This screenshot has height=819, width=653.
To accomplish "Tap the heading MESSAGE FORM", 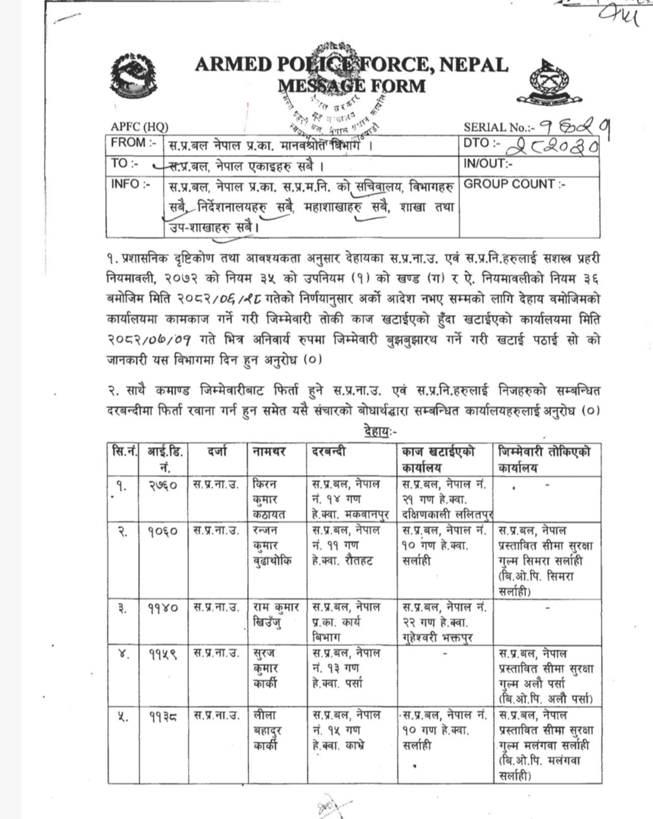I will pyautogui.click(x=352, y=85).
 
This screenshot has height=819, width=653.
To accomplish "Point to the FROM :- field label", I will pyautogui.click(x=134, y=143).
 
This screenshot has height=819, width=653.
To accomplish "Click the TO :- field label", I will pyautogui.click(x=125, y=163).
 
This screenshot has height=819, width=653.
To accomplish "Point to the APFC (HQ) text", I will pyautogui.click(x=139, y=127).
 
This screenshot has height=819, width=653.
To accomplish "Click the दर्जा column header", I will pyautogui.click(x=216, y=451).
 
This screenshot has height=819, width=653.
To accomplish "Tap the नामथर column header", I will pyautogui.click(x=270, y=451).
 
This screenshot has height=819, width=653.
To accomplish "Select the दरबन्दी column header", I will pyautogui.click(x=329, y=451).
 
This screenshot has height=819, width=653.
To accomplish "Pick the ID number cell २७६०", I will pyautogui.click(x=163, y=485).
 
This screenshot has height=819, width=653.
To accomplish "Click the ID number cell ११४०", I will pyautogui.click(x=163, y=607).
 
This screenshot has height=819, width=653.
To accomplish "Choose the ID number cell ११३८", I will pyautogui.click(x=163, y=716).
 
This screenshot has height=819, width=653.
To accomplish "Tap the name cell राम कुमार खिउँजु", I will pyautogui.click(x=276, y=615).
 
